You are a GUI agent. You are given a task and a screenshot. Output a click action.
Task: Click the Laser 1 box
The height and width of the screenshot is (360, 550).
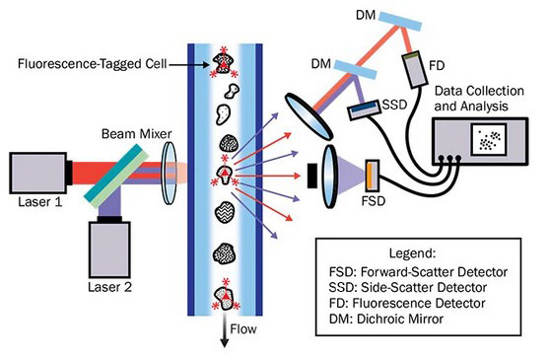coord(37,173)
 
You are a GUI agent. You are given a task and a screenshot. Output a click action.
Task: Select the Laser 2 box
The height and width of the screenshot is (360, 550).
coord(109,250)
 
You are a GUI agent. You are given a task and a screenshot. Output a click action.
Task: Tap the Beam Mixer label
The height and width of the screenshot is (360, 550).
coord(136,134)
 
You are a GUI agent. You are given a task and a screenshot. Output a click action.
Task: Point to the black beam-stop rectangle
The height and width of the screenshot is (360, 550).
coord(311,176)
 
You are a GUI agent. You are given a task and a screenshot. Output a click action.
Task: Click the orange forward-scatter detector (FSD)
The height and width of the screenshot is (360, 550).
coord(373,178)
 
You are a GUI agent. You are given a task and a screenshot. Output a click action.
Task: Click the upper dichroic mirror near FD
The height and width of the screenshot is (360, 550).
coord(400,21)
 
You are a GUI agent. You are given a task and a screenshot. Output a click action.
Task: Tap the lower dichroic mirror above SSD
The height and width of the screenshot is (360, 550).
coord(355,69)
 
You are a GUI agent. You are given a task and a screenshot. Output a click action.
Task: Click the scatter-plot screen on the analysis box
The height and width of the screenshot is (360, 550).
coord(489,139)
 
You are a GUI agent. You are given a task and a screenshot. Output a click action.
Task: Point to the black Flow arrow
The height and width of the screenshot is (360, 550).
coord(224,330)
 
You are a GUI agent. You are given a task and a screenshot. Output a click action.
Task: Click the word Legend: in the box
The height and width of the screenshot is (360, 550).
coord(412,252)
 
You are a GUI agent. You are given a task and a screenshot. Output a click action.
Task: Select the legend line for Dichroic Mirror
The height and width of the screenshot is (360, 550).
coord(386,319)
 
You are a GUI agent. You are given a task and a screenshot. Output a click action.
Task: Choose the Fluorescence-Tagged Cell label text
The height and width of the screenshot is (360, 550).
coord(93,64)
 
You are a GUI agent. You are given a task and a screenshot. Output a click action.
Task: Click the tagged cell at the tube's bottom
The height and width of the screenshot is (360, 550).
coord(226,296)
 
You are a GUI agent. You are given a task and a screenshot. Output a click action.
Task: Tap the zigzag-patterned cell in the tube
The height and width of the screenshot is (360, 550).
coord(225,212)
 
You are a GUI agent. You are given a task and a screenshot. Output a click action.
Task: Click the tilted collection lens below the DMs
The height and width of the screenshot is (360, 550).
coord(308,116)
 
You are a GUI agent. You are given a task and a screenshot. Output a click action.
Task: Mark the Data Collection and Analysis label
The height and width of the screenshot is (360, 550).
coord(479,99)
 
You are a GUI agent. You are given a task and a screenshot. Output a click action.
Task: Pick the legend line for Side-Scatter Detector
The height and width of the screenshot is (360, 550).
coord(408,287)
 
